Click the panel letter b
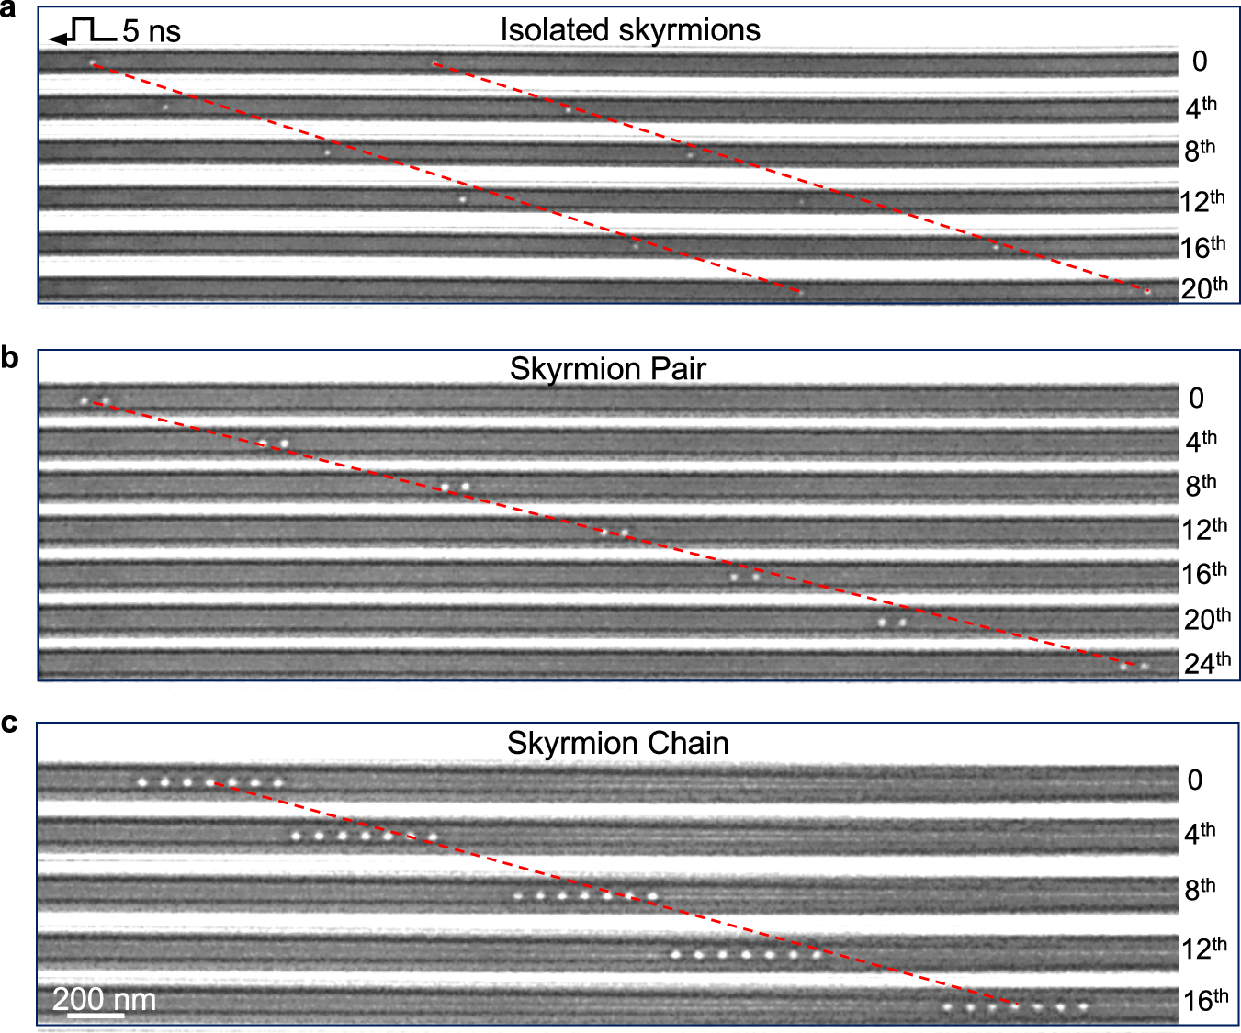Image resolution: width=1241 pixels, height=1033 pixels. (9, 357)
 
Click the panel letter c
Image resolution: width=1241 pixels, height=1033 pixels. (9, 724)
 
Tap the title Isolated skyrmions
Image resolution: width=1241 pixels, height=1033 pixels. (630, 30)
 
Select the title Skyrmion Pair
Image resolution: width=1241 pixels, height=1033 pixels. (607, 369)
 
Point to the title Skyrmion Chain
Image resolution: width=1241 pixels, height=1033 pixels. (617, 743)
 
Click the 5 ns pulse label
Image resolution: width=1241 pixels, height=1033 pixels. (152, 31)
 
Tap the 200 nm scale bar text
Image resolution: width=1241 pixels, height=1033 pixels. (104, 999)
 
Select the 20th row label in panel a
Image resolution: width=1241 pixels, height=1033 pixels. (1203, 288)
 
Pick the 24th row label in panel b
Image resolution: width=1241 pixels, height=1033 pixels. (1206, 663)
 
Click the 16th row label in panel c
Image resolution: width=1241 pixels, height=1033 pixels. (1205, 1000)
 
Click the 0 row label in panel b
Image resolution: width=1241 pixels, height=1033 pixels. (1196, 399)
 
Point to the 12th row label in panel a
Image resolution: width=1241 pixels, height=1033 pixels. (1202, 201)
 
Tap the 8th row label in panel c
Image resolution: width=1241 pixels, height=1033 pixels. (1200, 889)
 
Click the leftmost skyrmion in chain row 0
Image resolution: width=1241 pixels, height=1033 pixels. (142, 782)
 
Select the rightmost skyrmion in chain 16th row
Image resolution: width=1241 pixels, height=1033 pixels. (1083, 1007)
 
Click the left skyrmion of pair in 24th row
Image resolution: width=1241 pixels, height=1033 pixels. (1123, 667)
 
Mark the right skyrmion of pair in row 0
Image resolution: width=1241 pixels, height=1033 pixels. (106, 401)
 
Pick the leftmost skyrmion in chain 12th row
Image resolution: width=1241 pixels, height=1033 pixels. (675, 954)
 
